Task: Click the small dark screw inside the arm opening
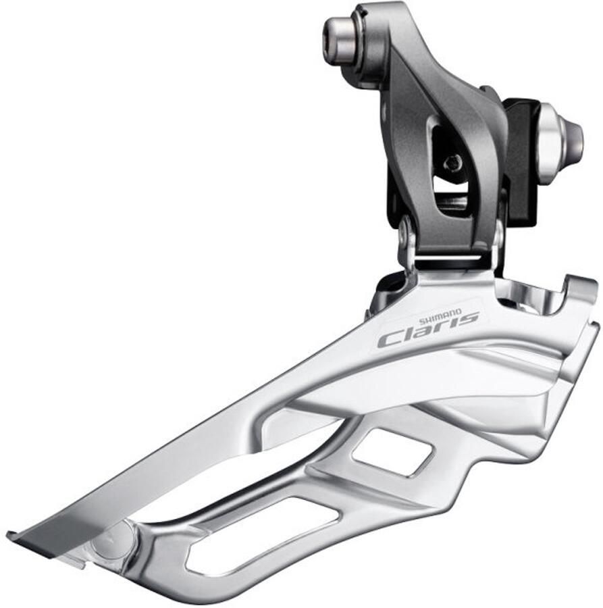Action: [454, 163]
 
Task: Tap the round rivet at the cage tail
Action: [112, 537]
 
